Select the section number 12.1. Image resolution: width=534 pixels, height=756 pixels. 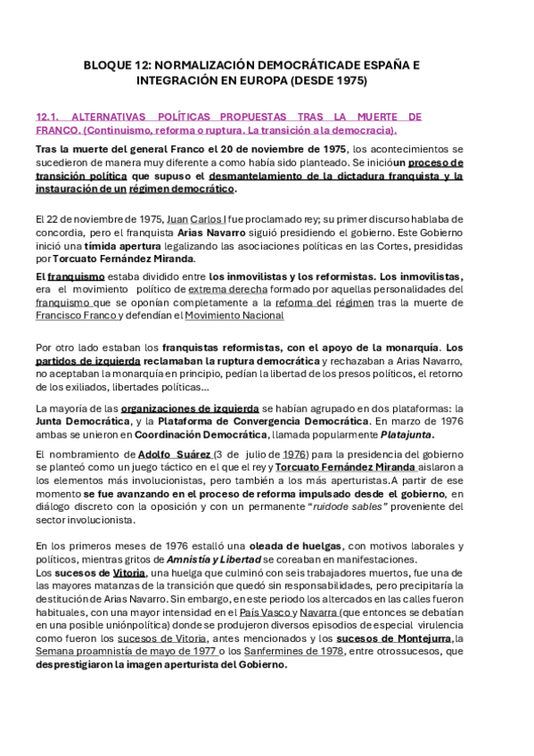(x=46, y=117)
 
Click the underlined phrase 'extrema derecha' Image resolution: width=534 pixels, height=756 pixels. (x=227, y=289)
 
